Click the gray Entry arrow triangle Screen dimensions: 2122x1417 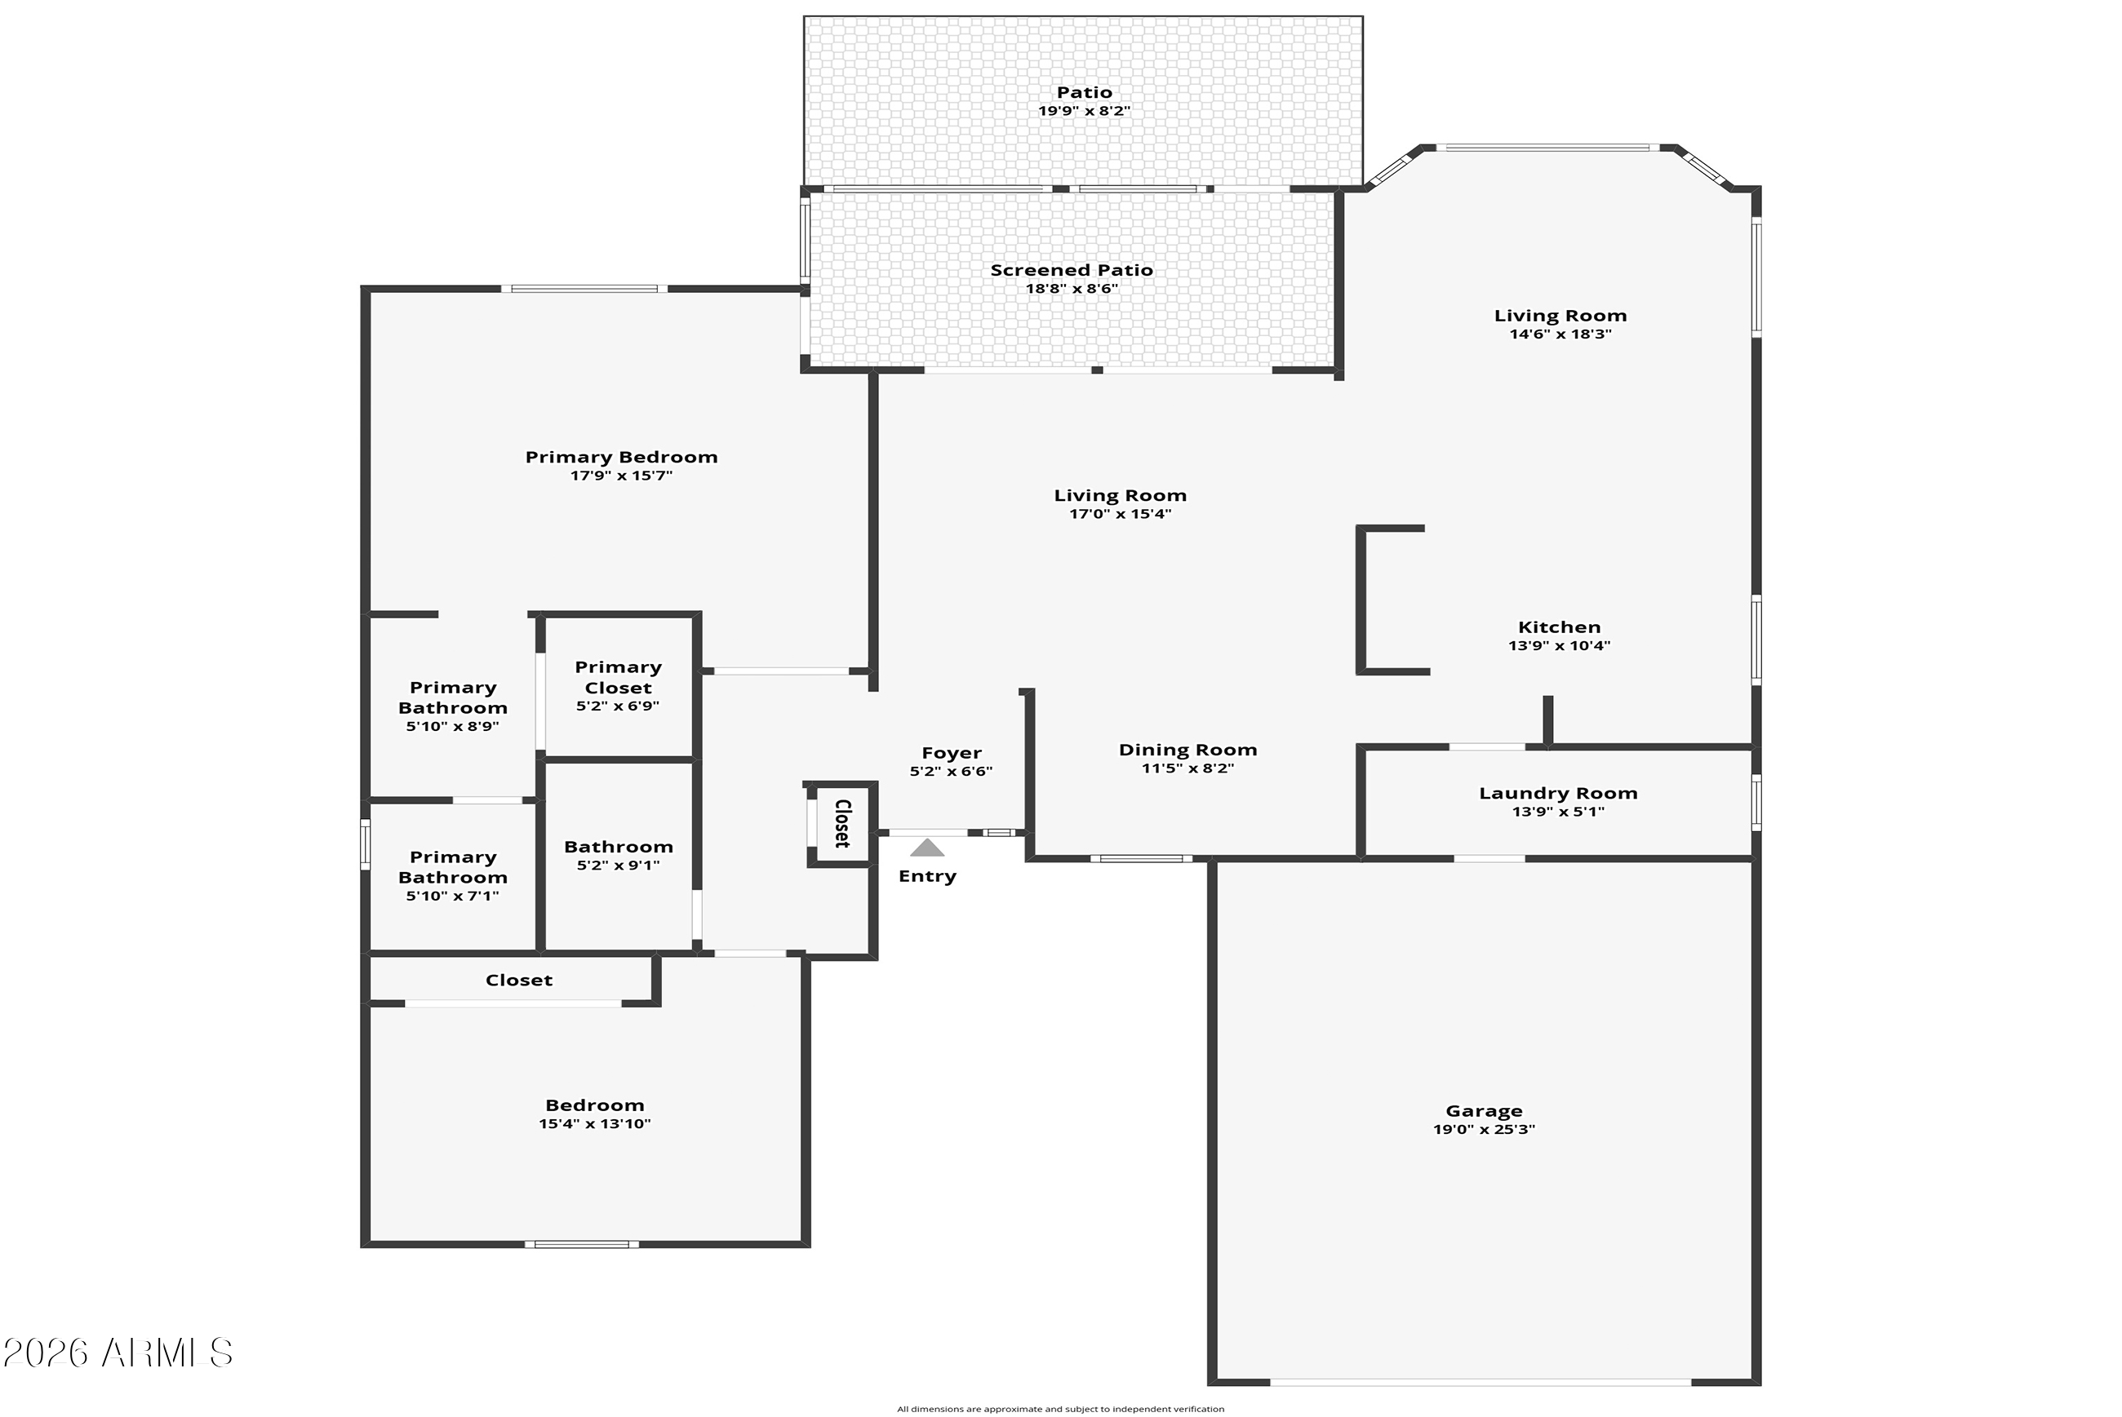(926, 848)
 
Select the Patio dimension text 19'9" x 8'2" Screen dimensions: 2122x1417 (1084, 111)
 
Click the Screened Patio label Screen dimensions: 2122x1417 (1072, 270)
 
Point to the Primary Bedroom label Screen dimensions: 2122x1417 (621, 458)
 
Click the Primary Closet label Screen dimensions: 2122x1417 (619, 678)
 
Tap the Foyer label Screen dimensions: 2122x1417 (951, 753)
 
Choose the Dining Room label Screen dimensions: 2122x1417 (1188, 750)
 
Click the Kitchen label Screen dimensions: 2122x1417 (1559, 627)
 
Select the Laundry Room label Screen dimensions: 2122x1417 (1558, 794)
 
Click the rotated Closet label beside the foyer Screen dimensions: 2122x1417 (842, 823)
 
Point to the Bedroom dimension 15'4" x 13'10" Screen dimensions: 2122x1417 (595, 1124)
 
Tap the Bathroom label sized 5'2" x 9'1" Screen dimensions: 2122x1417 (619, 848)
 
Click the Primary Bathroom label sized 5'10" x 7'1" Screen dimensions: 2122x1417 (453, 867)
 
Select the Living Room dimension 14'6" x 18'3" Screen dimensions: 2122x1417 (1560, 334)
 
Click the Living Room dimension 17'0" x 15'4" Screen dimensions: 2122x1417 (1121, 514)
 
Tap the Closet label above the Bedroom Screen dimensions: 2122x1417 (519, 981)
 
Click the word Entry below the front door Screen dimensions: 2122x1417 (926, 877)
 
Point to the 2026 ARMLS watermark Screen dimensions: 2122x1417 (118, 1353)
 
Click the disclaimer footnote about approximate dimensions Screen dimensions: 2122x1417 (1060, 1409)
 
